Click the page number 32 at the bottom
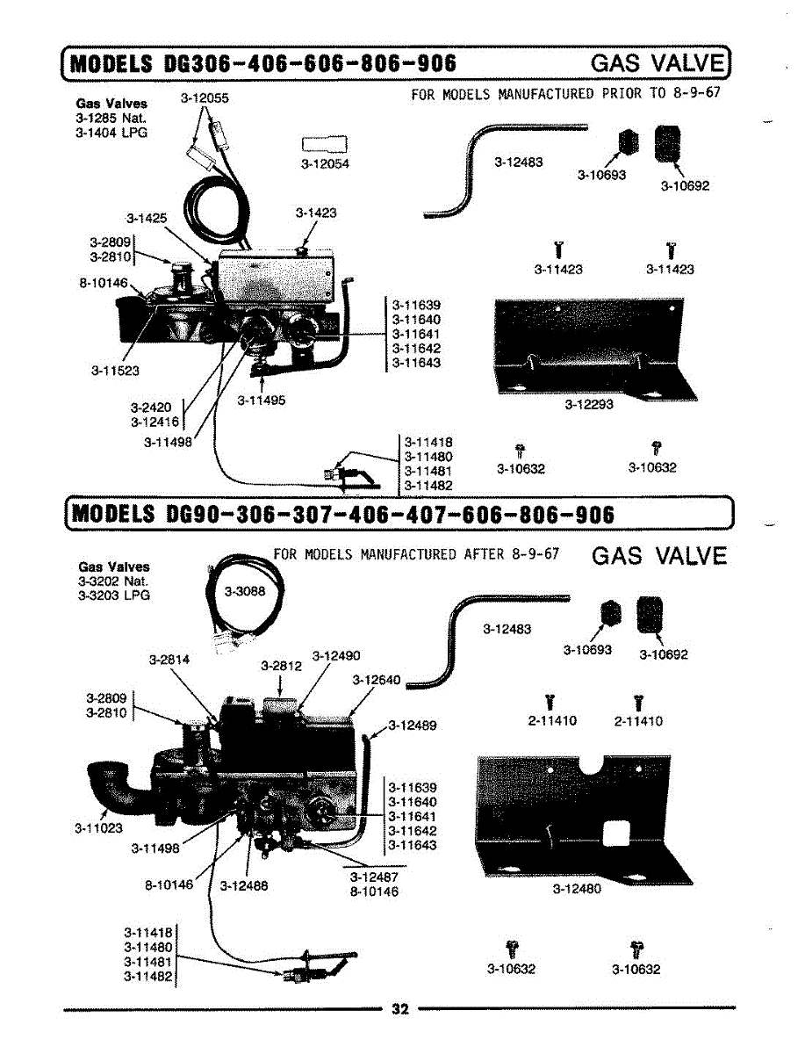click(400, 1009)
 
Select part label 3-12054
click(325, 163)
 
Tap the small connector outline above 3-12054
click(324, 143)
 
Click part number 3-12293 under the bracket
click(589, 404)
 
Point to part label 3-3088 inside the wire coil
click(245, 591)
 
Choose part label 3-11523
click(115, 371)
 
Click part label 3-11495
click(261, 400)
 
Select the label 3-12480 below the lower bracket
click(577, 888)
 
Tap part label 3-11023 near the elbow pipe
click(98, 828)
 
